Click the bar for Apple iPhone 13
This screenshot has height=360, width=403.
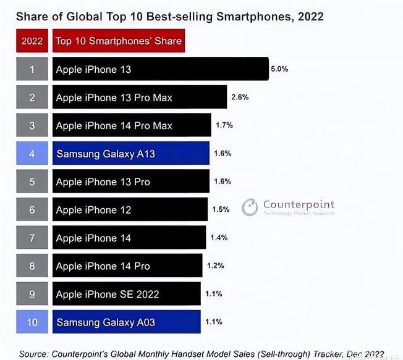(160, 69)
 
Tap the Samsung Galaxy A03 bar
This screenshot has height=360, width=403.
(127, 322)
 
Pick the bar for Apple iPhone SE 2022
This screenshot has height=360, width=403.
(127, 294)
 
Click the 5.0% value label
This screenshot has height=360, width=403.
(279, 69)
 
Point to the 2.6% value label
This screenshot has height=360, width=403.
(240, 97)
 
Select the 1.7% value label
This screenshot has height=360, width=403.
(224, 125)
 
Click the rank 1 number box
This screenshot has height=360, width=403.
(32, 69)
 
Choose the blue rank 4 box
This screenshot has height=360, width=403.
(32, 153)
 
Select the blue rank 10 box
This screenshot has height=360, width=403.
(32, 322)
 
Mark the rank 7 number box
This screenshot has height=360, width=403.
(32, 238)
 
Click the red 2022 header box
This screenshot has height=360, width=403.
(32, 41)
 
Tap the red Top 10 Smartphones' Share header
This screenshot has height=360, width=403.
(119, 41)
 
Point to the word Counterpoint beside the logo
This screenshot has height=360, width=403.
(299, 204)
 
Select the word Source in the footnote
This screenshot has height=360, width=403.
(33, 354)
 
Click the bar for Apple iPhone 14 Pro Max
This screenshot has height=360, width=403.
(132, 125)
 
